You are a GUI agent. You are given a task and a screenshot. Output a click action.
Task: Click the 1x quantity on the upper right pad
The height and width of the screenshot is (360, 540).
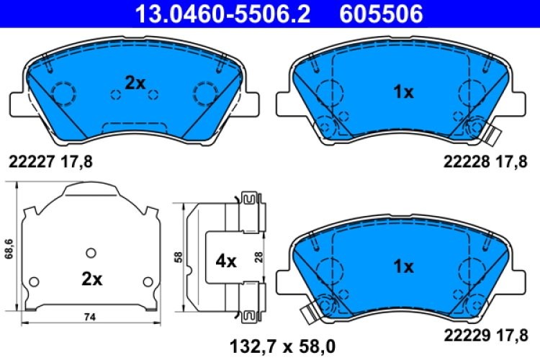pyautogui.click(x=402, y=92)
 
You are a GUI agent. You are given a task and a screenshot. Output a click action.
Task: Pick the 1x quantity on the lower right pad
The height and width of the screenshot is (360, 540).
pyautogui.click(x=402, y=267)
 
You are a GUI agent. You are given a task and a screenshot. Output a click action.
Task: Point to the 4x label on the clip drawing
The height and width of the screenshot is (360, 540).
pyautogui.click(x=225, y=262)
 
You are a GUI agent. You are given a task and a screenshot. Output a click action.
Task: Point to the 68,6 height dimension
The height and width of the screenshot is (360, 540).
pyautogui.click(x=9, y=248)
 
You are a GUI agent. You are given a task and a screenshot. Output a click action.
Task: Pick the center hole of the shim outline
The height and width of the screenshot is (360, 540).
pyautogui.click(x=90, y=252)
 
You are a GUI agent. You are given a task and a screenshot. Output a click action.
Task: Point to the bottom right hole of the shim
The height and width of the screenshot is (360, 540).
pyautogui.click(x=148, y=281)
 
